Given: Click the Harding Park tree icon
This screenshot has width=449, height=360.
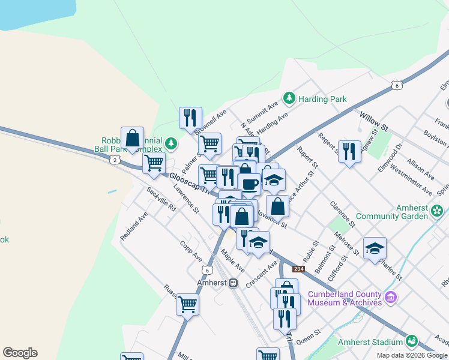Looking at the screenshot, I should (289, 97).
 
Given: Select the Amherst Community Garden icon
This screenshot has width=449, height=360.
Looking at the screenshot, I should (438, 211).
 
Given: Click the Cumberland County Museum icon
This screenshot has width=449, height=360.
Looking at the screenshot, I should (391, 297).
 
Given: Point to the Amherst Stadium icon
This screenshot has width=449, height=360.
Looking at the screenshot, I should (411, 341).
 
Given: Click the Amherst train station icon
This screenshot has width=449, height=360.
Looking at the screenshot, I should (234, 283).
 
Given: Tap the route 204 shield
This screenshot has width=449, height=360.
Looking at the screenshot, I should (298, 268).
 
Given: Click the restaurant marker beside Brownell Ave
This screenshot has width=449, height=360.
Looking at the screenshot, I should (190, 118).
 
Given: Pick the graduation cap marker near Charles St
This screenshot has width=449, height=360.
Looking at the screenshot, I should (375, 248).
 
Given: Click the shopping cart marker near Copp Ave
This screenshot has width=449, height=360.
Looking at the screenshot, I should (187, 304).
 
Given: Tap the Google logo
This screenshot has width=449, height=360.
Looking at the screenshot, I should (20, 353).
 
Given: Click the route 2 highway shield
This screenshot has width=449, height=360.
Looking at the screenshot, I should (116, 160).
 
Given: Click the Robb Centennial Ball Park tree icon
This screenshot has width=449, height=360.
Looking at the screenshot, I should (172, 143).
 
